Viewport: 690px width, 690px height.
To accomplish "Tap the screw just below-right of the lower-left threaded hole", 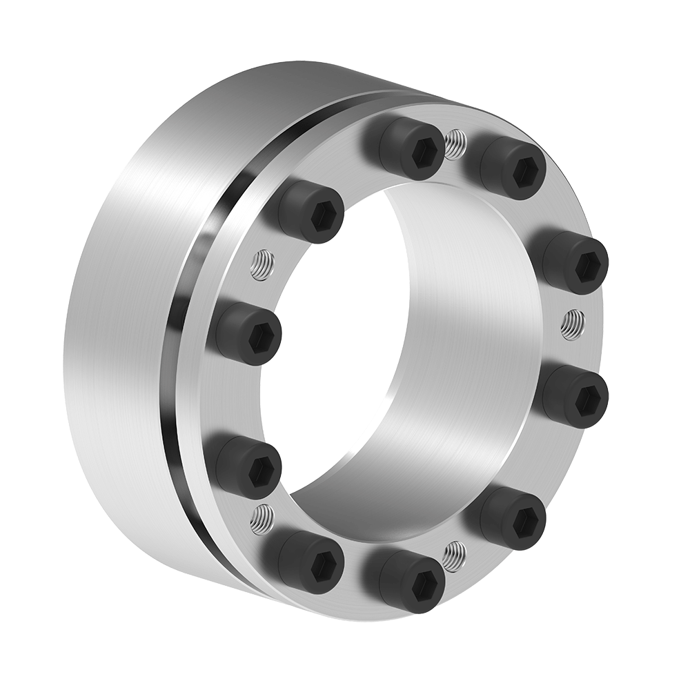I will [x=310, y=562].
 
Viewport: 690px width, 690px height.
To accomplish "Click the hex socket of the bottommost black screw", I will [x=413, y=584].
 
